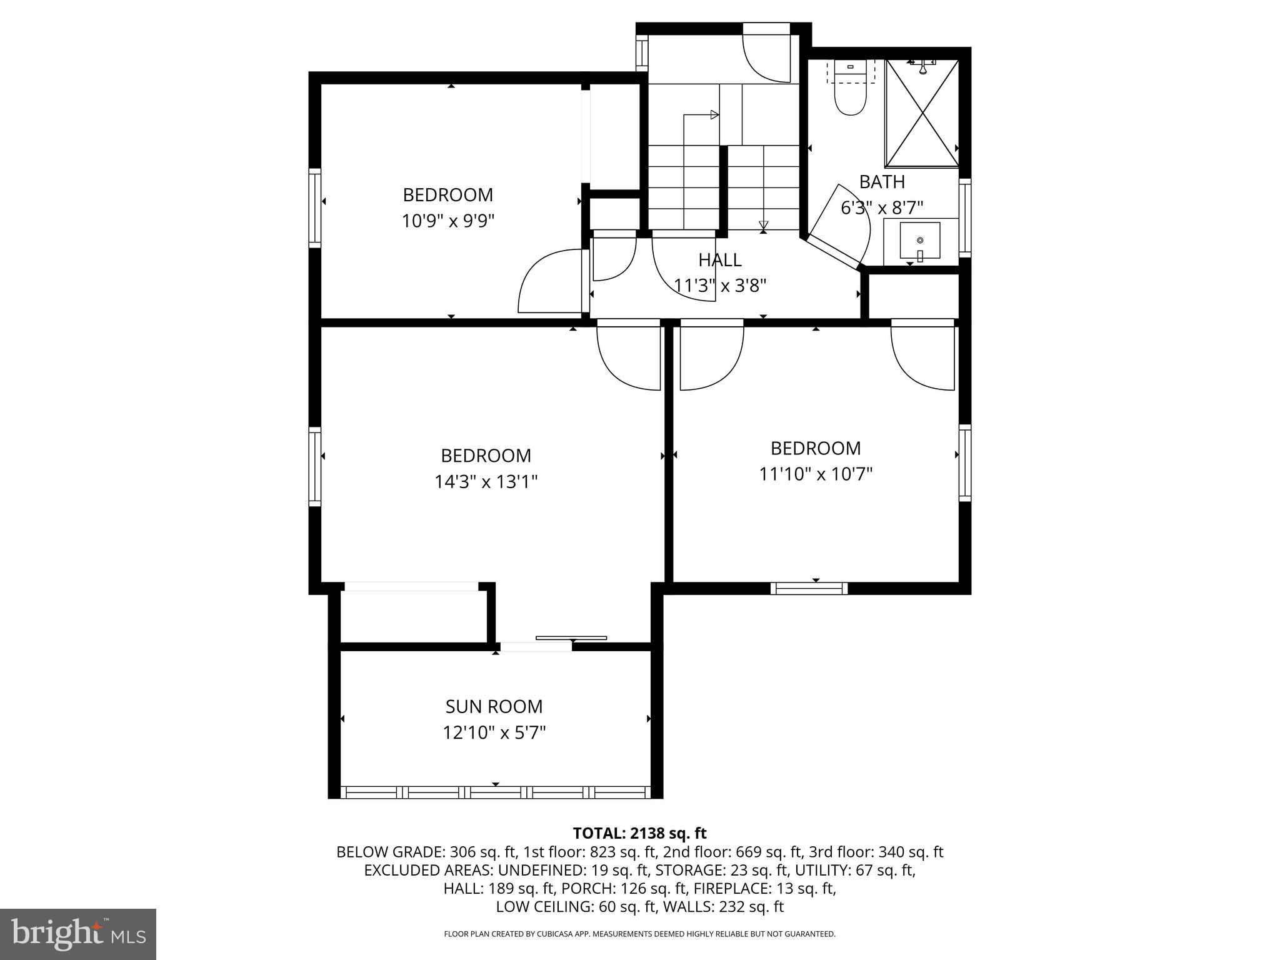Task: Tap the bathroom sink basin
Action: [919, 241]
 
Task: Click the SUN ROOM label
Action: [494, 706]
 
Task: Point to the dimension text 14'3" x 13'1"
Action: [486, 482]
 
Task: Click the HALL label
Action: [720, 259]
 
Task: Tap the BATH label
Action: [882, 182]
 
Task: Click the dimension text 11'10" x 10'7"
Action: [816, 474]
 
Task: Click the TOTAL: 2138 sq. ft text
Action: [639, 833]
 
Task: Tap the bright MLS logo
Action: [78, 934]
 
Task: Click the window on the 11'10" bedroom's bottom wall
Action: [809, 588]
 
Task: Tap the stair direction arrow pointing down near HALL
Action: [763, 226]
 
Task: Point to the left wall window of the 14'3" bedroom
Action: [315, 466]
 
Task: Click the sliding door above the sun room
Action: [571, 638]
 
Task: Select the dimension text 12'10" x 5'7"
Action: [494, 732]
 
